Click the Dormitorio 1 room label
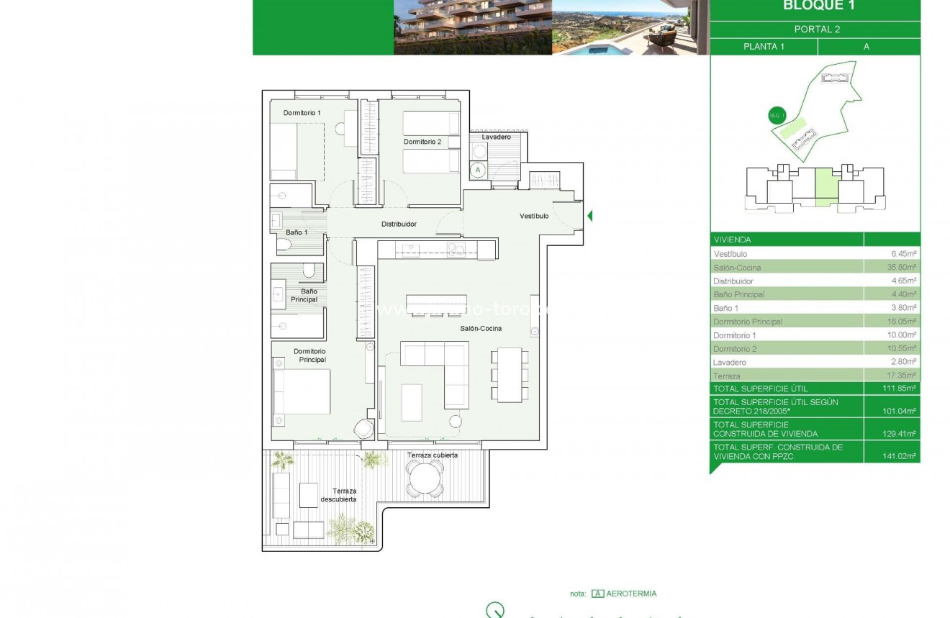pyautogui.click(x=302, y=113)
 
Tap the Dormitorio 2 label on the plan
pyautogui.click(x=422, y=142)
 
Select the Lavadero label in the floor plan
pyautogui.click(x=496, y=137)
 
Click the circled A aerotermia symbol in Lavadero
pyautogui.click(x=478, y=171)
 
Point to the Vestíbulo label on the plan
pyautogui.click(x=534, y=216)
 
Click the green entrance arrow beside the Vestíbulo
pyautogui.click(x=590, y=216)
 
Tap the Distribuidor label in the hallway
pyautogui.click(x=399, y=224)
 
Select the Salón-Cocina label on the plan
pyautogui.click(x=481, y=328)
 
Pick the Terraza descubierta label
pyautogui.click(x=338, y=495)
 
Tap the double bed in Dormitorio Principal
pyautogui.click(x=302, y=391)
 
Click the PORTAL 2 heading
pyautogui.click(x=817, y=29)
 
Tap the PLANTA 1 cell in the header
pyautogui.click(x=764, y=47)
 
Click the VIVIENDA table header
pyautogui.click(x=732, y=240)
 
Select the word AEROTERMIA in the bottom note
pyautogui.click(x=632, y=594)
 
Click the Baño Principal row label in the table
pyautogui.click(x=738, y=294)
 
